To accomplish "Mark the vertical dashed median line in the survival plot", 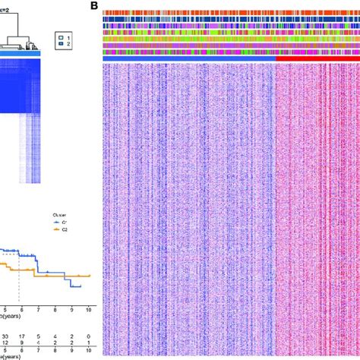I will (x=20, y=281).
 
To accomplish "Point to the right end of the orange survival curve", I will (x=90, y=275).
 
